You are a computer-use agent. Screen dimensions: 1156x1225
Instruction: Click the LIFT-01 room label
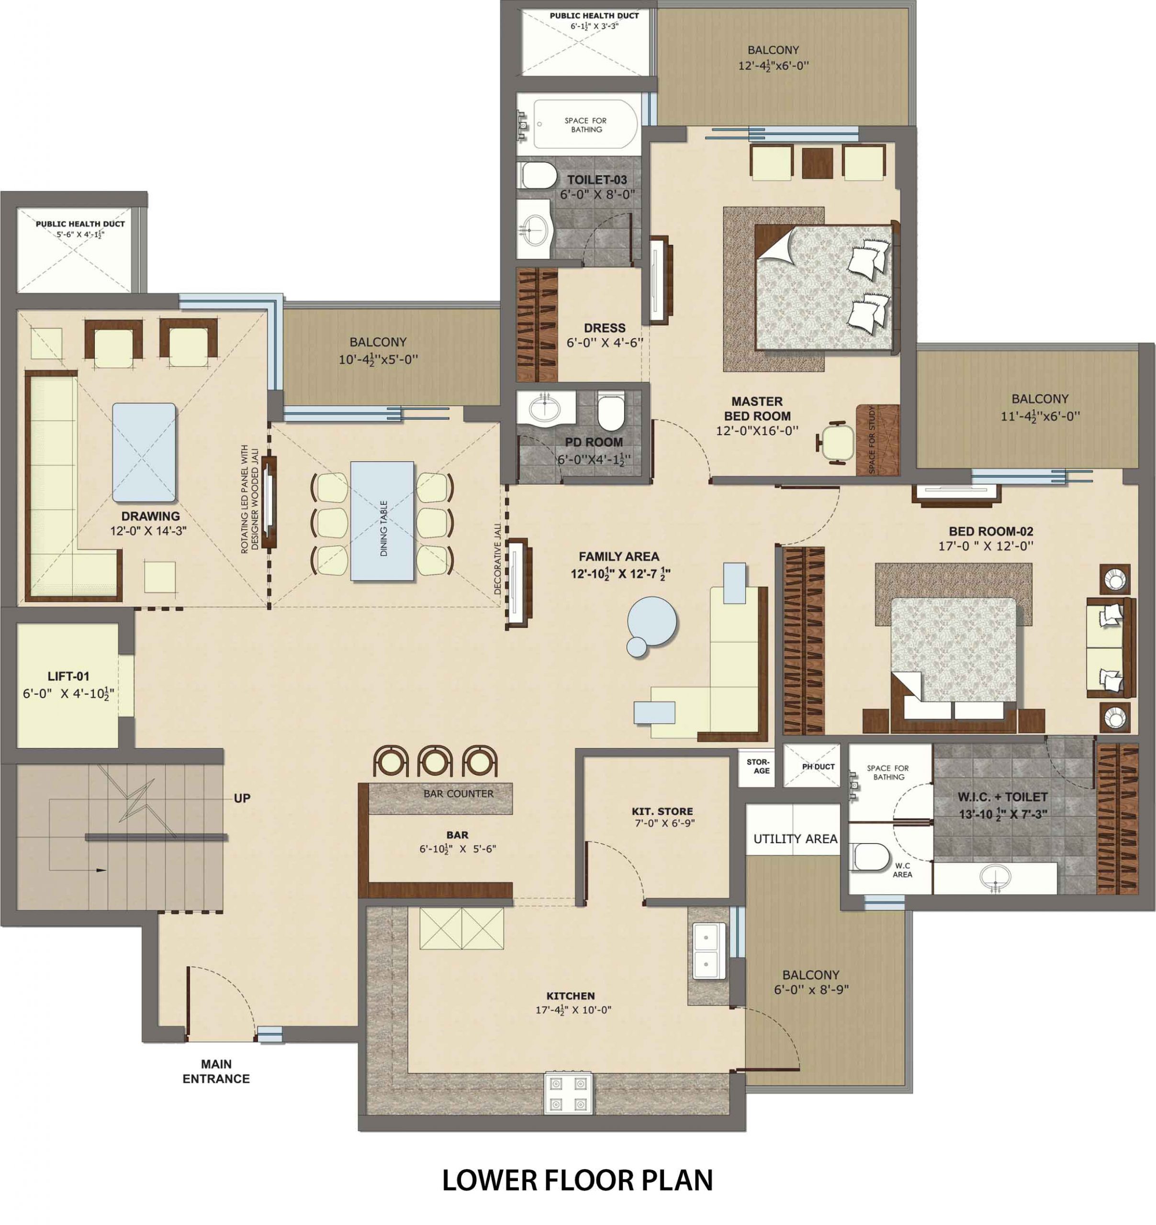(x=68, y=676)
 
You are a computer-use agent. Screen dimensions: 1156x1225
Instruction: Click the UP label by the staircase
(x=242, y=798)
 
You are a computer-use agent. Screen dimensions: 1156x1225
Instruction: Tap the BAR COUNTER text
(x=458, y=794)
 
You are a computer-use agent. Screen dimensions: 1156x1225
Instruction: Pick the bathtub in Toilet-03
(x=586, y=124)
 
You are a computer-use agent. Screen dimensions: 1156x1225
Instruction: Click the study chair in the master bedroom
(x=835, y=441)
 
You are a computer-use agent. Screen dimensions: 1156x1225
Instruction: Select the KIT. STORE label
(x=662, y=811)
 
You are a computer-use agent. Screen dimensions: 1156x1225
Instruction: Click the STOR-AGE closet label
(x=758, y=766)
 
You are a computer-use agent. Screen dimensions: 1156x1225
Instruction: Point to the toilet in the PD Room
(x=611, y=412)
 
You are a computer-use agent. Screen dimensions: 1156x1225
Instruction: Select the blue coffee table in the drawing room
(x=144, y=452)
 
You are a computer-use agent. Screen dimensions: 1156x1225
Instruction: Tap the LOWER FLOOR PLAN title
(x=578, y=1180)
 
